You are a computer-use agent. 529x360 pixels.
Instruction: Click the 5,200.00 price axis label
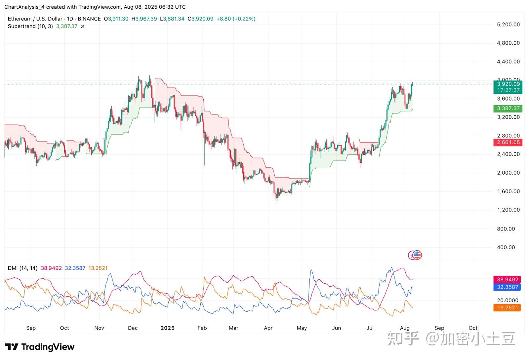click(508, 24)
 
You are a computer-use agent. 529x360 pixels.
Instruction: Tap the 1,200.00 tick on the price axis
click(508, 210)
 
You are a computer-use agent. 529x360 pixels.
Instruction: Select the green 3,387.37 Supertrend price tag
click(508, 108)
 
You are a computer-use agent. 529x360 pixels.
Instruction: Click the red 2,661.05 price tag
click(508, 142)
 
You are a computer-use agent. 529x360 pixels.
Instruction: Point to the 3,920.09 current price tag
click(508, 84)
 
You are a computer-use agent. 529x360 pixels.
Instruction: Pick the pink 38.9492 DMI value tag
click(507, 280)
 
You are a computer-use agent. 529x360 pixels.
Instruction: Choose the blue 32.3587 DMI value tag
click(507, 287)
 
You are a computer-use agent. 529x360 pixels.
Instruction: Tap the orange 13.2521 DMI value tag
click(507, 308)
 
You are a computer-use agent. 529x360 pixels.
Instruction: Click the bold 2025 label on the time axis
click(167, 328)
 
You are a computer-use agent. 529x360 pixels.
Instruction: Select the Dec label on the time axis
click(133, 328)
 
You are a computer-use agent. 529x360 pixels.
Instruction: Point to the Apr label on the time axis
click(268, 328)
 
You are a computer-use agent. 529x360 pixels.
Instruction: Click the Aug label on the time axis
click(405, 328)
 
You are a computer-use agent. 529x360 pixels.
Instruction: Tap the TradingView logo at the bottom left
click(40, 347)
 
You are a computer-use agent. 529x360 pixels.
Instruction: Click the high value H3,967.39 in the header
click(144, 19)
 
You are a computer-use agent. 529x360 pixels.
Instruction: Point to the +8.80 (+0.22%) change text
click(236, 19)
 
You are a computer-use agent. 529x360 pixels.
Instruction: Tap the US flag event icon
click(418, 255)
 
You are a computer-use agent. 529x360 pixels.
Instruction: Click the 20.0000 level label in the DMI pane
click(508, 300)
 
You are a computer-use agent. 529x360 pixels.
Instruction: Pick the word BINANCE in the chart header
click(89, 19)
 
